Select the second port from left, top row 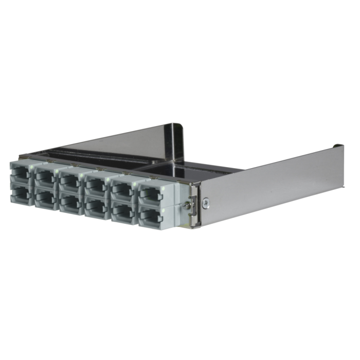click(44, 176)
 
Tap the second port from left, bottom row click(44, 197)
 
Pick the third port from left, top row click(69, 179)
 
